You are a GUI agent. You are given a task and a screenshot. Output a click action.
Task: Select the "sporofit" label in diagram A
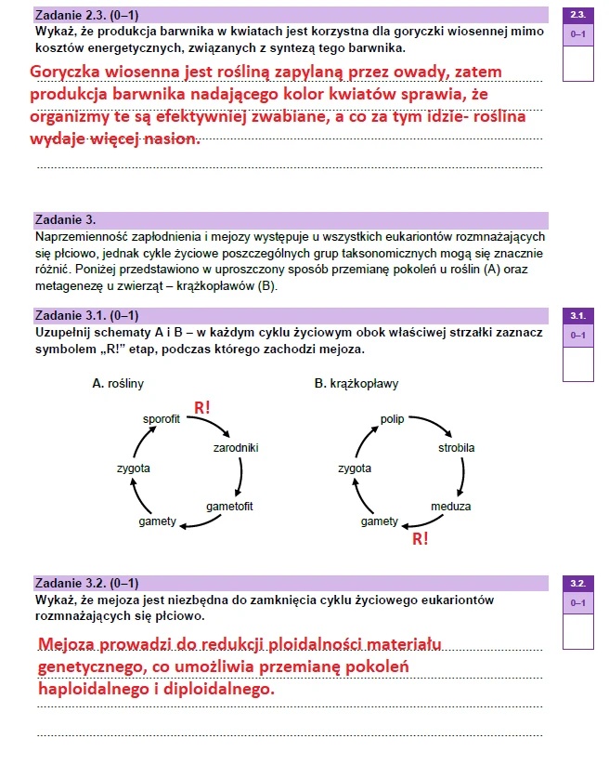point(161,419)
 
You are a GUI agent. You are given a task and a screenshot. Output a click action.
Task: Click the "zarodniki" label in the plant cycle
point(236,448)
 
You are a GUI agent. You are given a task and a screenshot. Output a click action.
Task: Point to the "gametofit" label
point(229,507)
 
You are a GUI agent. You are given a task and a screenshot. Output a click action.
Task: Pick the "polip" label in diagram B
point(392,419)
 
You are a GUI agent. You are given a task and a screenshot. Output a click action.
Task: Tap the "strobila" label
point(456,448)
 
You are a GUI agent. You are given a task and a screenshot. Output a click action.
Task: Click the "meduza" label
point(450,507)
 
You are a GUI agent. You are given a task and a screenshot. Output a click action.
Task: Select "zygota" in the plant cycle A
point(133,468)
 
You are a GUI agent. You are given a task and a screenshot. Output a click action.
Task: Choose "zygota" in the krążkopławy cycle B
point(354,468)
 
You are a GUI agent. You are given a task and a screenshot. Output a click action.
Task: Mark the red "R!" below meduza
point(420,538)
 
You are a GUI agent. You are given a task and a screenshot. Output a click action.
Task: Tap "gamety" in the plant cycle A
point(157,521)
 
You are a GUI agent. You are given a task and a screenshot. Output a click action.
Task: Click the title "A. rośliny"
point(118,383)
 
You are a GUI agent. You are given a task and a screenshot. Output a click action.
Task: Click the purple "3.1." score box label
point(578,316)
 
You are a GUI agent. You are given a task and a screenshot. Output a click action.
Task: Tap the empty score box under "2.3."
point(578,63)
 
